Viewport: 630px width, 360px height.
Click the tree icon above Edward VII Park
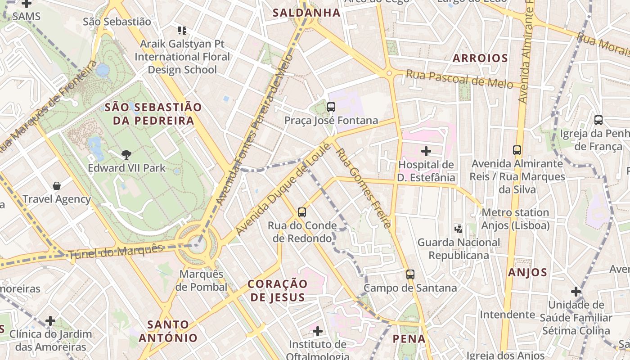coord(126,155)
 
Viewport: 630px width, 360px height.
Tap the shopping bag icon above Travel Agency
coord(57,186)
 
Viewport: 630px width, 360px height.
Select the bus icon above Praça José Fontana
coord(331,107)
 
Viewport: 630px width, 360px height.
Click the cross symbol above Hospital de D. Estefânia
coord(426,151)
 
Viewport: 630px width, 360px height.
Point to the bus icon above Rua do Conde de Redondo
coord(302,212)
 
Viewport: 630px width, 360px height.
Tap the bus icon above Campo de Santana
coord(410,274)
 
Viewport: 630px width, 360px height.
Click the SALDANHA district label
coord(306,13)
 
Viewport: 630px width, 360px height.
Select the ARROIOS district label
coord(480,58)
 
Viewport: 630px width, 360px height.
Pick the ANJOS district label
coord(527,272)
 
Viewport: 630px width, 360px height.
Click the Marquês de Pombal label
coord(201,280)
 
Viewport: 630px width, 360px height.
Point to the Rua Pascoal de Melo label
coord(459,79)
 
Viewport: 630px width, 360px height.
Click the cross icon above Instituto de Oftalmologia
coord(318,332)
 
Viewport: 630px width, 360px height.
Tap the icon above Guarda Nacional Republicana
coord(459,229)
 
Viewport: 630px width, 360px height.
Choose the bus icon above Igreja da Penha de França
coord(598,120)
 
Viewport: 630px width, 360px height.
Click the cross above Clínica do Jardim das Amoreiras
coord(50,321)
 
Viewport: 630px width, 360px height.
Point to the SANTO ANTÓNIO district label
coord(168,331)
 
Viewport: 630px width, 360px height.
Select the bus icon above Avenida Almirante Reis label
coord(517,150)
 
